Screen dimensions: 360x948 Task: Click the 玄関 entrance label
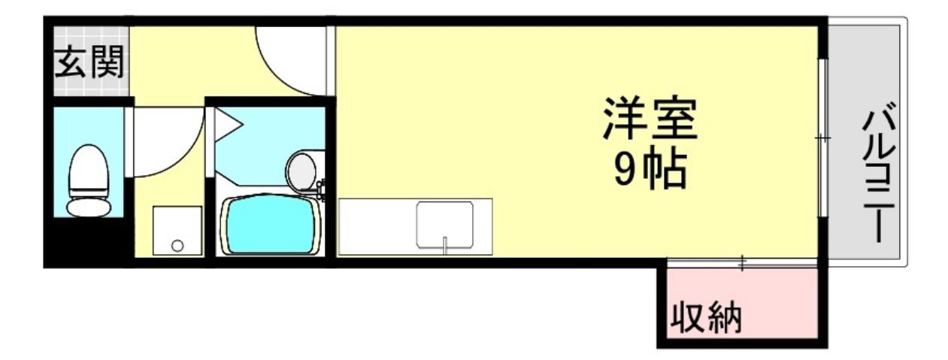point(89,64)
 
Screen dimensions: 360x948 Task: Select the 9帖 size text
point(649,171)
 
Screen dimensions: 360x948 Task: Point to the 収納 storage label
point(706,319)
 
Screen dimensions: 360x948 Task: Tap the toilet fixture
point(89,180)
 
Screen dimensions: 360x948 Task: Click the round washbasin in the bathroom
point(303,170)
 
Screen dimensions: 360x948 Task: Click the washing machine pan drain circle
point(177,245)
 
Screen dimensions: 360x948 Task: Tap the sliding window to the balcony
point(823,139)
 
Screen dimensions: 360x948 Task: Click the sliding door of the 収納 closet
point(741,263)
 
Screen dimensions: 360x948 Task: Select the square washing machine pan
point(177,231)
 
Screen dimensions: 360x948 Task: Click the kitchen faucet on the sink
point(445,244)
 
